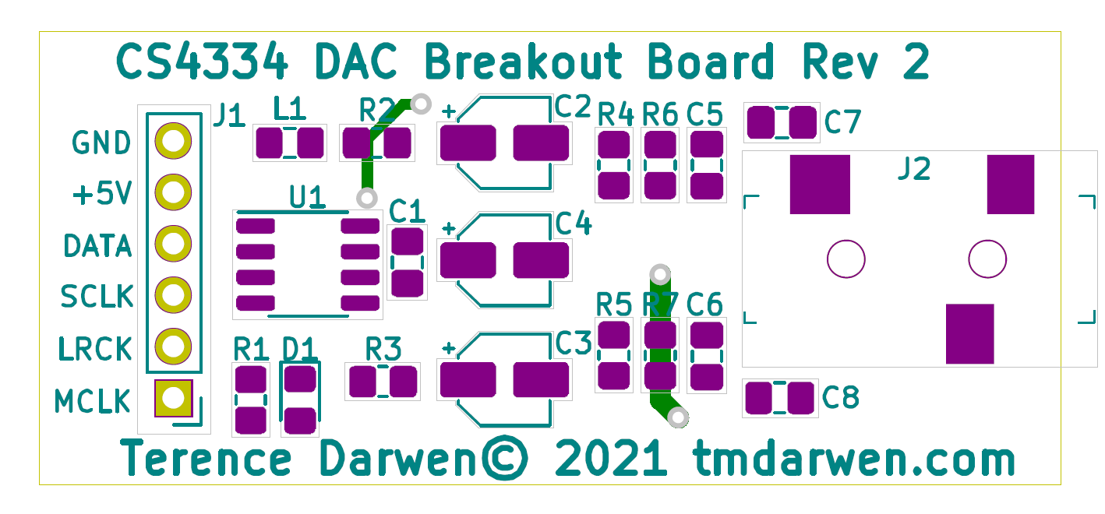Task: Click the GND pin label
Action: tap(101, 143)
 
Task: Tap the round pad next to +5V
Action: tap(173, 192)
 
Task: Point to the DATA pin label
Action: tap(97, 247)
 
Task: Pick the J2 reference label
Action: tap(913, 170)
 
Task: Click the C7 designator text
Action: tap(842, 122)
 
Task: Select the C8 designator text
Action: tap(841, 398)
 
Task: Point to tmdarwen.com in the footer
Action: tap(854, 459)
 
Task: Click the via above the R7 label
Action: tap(660, 274)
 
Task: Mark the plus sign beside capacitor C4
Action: tap(449, 228)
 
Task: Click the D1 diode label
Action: tap(300, 350)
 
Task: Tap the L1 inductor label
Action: tap(290, 108)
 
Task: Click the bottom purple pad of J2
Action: tap(969, 333)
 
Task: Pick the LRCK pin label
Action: tap(96, 349)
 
